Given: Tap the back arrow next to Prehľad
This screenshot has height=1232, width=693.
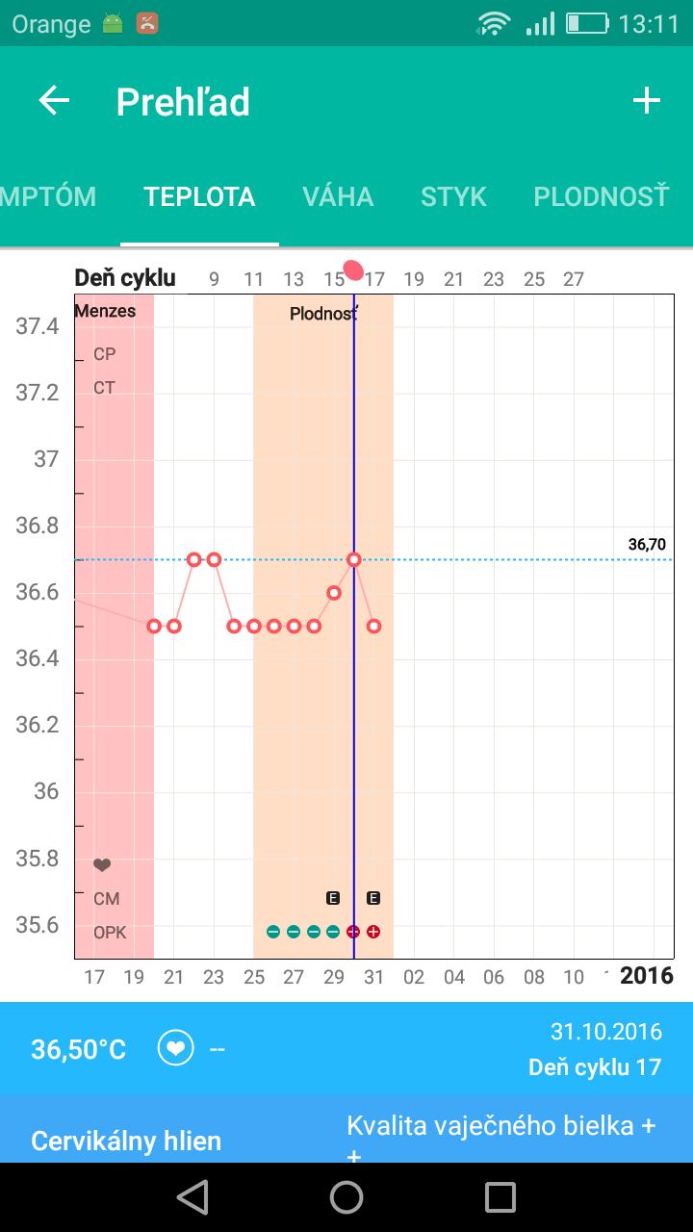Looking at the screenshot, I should (54, 101).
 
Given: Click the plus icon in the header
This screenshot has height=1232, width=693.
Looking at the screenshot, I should (646, 101).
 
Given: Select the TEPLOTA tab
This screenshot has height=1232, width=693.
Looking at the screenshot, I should (199, 196).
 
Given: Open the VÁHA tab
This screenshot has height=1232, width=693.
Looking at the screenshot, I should (338, 196).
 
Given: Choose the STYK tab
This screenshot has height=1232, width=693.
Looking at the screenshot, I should (453, 196).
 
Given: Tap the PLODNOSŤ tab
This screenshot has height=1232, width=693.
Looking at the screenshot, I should (601, 196).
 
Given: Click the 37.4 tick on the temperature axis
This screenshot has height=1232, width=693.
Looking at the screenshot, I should (38, 326).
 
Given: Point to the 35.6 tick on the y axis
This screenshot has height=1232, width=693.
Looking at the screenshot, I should (38, 924).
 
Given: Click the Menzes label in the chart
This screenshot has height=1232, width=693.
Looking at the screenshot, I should (105, 311).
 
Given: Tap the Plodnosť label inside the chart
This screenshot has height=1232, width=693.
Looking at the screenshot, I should (324, 314).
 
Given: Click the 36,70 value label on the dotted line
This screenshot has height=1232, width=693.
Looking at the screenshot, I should (647, 545).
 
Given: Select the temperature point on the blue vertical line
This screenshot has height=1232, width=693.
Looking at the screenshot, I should (354, 559).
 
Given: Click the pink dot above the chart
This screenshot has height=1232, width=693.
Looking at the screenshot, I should (353, 270).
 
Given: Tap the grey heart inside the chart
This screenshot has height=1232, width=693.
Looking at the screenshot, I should (102, 865).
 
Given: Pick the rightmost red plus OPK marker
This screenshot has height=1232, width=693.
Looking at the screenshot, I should (373, 932).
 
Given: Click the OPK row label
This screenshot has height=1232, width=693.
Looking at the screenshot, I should (110, 933).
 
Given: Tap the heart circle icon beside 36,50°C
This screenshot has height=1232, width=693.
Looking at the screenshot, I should (175, 1048).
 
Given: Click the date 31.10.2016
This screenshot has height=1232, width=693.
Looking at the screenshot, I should (605, 1032).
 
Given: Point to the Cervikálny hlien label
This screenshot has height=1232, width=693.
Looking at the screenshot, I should (126, 1142).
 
